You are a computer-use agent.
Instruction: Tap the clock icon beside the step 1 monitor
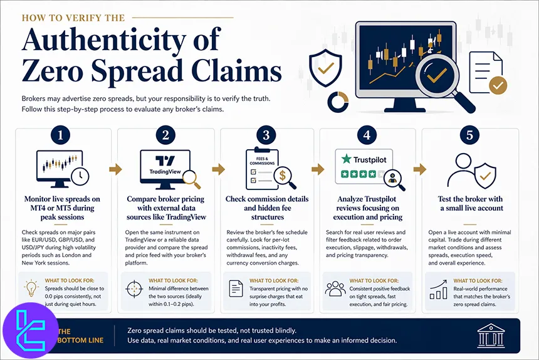point(80,177)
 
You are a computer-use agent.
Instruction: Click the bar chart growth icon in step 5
point(437,289)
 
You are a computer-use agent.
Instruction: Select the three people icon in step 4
point(335,289)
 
